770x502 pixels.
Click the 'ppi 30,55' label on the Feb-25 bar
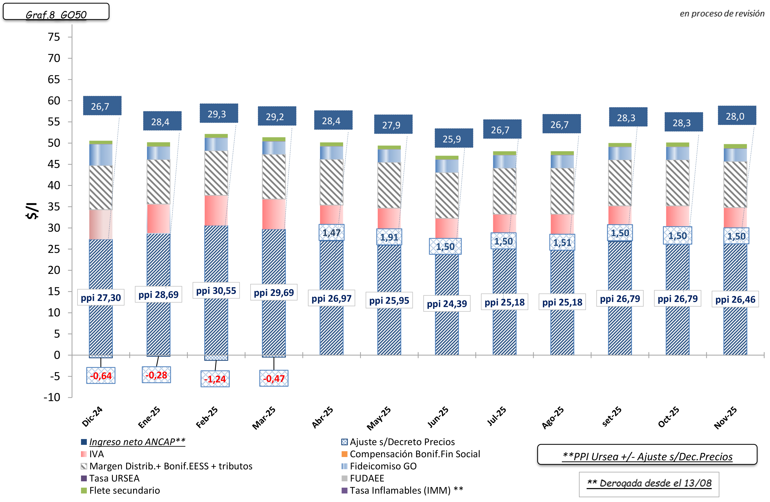click(x=216, y=291)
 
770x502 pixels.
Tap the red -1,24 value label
click(x=215, y=379)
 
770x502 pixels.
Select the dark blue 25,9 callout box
click(x=453, y=138)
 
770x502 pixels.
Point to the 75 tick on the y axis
click(x=54, y=37)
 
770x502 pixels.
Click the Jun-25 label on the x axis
click(x=438, y=417)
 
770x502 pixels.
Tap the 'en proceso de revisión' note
click(x=722, y=14)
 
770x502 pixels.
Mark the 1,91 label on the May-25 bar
click(x=389, y=237)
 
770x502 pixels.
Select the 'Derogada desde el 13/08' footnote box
click(x=649, y=484)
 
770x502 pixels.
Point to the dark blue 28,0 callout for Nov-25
click(x=737, y=116)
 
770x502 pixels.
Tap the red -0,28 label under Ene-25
click(x=156, y=375)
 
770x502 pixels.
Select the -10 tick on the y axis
click(x=52, y=397)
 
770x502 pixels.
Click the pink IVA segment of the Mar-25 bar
click(x=274, y=214)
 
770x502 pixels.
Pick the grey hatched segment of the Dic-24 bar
click(x=101, y=187)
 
